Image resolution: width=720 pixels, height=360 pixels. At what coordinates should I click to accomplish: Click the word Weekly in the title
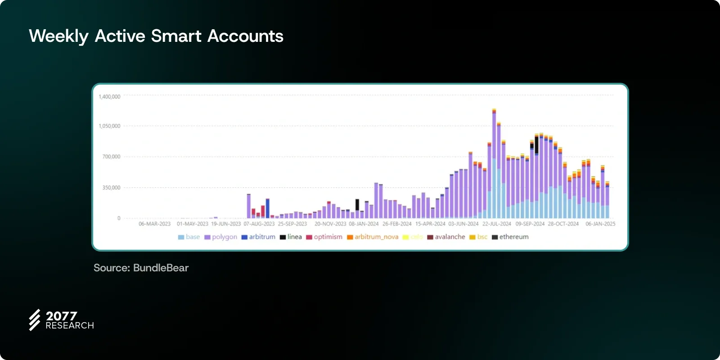pyautogui.click(x=58, y=36)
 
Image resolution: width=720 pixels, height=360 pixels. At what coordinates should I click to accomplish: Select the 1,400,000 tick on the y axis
pyautogui.click(x=109, y=97)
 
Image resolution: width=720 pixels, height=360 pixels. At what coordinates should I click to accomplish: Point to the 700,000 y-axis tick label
pyautogui.click(x=111, y=157)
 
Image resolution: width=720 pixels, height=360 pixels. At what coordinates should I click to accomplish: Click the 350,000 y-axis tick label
pyautogui.click(x=111, y=188)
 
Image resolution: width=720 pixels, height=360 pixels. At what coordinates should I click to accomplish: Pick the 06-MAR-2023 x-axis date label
pyautogui.click(x=154, y=224)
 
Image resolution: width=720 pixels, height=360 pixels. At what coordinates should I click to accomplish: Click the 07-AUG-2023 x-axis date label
pyautogui.click(x=259, y=224)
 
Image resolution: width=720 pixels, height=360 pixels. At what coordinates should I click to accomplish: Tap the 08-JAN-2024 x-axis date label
pyautogui.click(x=364, y=224)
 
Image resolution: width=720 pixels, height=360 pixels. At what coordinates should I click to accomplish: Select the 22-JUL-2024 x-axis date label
pyautogui.click(x=497, y=224)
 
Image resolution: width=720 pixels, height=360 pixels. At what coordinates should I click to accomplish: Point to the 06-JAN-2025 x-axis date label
pyautogui.click(x=600, y=224)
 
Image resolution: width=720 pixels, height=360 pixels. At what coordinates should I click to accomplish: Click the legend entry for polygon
pyautogui.click(x=220, y=237)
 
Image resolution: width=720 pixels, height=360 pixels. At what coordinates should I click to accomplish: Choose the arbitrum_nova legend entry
pyautogui.click(x=373, y=237)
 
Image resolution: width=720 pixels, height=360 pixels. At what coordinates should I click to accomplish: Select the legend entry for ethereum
pyautogui.click(x=510, y=237)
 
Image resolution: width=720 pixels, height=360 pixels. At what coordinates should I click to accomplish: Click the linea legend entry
pyautogui.click(x=291, y=237)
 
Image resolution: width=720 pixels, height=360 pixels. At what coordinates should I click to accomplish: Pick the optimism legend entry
pyautogui.click(x=324, y=237)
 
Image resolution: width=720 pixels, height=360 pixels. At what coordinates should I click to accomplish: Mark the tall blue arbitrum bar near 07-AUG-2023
pyautogui.click(x=268, y=209)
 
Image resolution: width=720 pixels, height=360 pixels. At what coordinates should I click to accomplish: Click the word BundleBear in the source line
pyautogui.click(x=161, y=268)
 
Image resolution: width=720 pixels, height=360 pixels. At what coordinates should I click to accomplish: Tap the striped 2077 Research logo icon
pyautogui.click(x=35, y=320)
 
